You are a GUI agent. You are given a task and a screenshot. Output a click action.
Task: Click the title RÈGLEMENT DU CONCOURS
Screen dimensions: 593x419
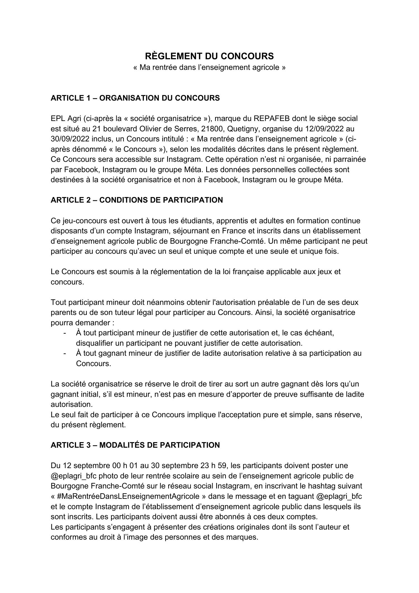(x=209, y=56)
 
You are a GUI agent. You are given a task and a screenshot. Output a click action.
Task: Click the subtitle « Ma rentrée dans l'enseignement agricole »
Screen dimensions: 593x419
(x=209, y=68)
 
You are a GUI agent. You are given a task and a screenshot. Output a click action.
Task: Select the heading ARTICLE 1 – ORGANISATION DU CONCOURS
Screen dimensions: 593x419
(x=135, y=98)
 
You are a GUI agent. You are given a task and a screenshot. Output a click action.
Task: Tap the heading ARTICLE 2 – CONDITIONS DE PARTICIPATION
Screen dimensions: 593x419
(x=137, y=200)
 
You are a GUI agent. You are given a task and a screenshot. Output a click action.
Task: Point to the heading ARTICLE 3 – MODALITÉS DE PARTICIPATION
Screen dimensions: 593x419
(x=135, y=445)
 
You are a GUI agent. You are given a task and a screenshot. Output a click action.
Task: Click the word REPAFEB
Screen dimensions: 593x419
(x=272, y=118)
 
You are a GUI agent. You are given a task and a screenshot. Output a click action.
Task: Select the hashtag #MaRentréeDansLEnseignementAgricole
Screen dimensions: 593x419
(x=128, y=496)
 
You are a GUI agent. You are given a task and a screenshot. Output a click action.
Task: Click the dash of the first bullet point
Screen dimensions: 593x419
(x=65, y=333)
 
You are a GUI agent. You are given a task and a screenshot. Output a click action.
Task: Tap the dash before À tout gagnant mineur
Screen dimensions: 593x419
(x=65, y=354)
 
